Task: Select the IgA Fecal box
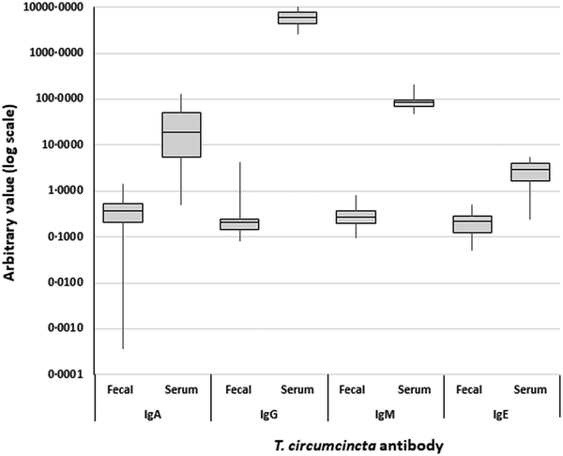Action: (x=123, y=213)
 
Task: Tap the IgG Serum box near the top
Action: (x=297, y=18)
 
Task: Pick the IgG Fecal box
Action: (x=239, y=223)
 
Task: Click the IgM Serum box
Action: (x=414, y=103)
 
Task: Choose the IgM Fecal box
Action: (x=356, y=217)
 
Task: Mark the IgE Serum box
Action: (x=530, y=172)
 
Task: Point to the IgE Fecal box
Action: (x=472, y=223)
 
